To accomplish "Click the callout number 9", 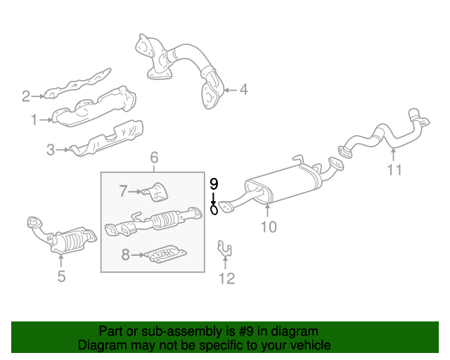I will coord(214,184).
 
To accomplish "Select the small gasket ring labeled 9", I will coord(214,210).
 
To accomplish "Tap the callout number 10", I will coord(269,226).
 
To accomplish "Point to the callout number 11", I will coord(394,169).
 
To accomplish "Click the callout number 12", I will coord(226,279).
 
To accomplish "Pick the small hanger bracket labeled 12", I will coord(225,250).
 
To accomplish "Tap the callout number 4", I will coord(243,89).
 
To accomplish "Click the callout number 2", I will coord(26,96).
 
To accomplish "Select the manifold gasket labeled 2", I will coord(77,86).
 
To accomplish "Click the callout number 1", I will coord(34,120).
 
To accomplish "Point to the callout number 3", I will coord(51,149).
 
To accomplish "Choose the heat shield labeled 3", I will coord(109,139).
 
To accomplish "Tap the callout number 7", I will coord(122,190).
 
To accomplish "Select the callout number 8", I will coord(125,255).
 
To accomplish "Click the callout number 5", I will coord(61,276).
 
